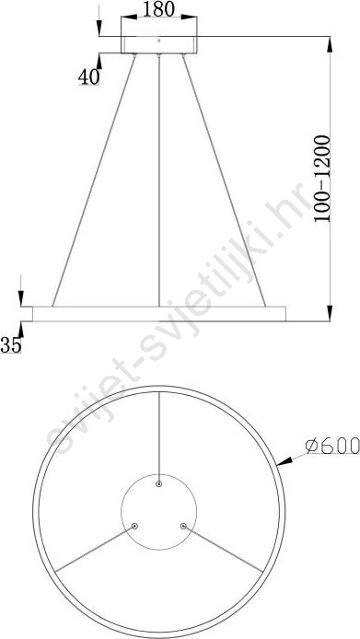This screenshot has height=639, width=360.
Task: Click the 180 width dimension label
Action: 158,9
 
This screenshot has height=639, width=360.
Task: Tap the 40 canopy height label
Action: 89,76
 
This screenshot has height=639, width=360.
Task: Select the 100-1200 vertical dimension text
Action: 322,179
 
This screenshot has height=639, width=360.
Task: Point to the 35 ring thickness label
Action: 11,345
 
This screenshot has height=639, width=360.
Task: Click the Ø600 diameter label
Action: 332,445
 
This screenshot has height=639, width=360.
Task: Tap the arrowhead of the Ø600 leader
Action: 285,461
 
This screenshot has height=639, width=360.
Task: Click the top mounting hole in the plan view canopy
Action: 159,483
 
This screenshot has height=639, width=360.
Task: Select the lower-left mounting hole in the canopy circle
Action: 134,526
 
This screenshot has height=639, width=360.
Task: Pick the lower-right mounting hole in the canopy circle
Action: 183,526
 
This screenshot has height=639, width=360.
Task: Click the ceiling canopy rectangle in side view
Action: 159,45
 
